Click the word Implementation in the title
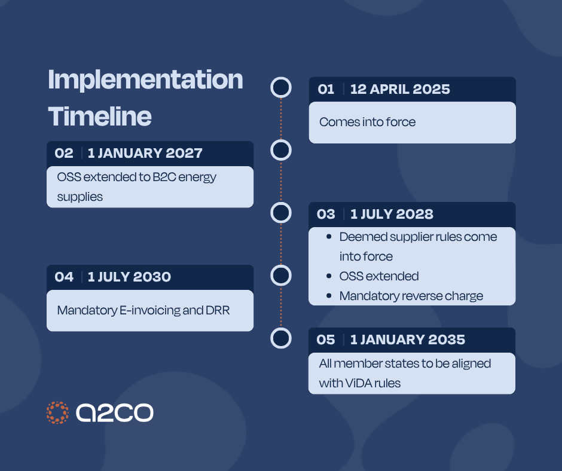145,81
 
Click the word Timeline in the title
99,116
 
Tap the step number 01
326,90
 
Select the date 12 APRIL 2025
400,90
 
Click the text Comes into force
367,122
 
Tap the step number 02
64,153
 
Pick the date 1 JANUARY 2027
145,153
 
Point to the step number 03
326,214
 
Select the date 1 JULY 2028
392,214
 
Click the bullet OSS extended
379,276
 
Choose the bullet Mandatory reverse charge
411,296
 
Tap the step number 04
64,277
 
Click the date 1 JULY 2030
129,277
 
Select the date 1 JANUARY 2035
408,340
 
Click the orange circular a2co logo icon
57,412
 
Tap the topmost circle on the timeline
281,87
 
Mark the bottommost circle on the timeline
281,338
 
